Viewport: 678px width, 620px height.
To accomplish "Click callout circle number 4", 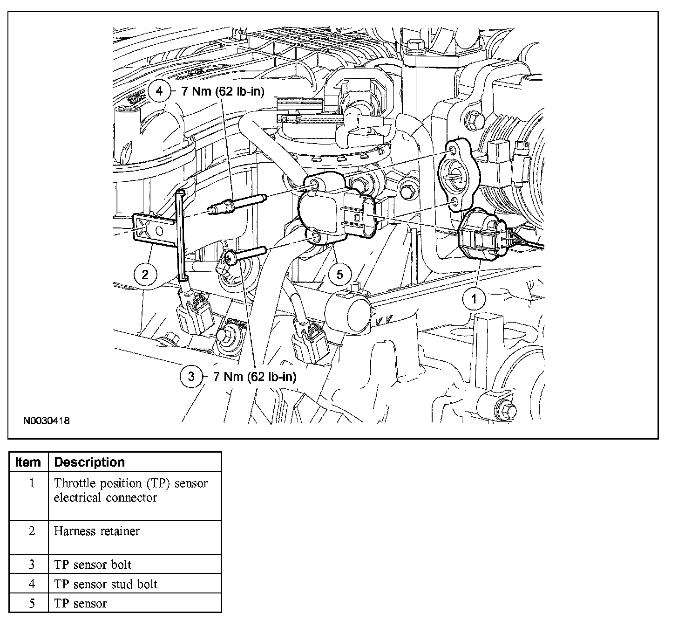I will pyautogui.click(x=159, y=91).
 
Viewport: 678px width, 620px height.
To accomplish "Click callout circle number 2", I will pyautogui.click(x=145, y=274).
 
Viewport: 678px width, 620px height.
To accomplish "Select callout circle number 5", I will pyautogui.click(x=339, y=274).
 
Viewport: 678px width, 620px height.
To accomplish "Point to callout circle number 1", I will pyautogui.click(x=474, y=299).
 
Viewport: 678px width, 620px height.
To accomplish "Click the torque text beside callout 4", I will pyautogui.click(x=223, y=91).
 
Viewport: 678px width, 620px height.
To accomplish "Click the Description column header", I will pyautogui.click(x=89, y=462).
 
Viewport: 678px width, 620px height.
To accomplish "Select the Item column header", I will pyautogui.click(x=28, y=462).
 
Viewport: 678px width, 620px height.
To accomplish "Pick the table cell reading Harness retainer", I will pyautogui.click(x=96, y=531).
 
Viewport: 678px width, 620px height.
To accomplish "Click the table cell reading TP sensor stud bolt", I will pyautogui.click(x=106, y=584).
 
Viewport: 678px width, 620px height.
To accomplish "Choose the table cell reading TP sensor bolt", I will pyautogui.click(x=93, y=565).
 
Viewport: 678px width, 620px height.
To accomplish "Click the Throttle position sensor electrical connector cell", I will pyautogui.click(x=130, y=490).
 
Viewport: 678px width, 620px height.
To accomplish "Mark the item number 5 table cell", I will pyautogui.click(x=31, y=603).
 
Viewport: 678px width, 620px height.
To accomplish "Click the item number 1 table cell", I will pyautogui.click(x=31, y=483).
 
